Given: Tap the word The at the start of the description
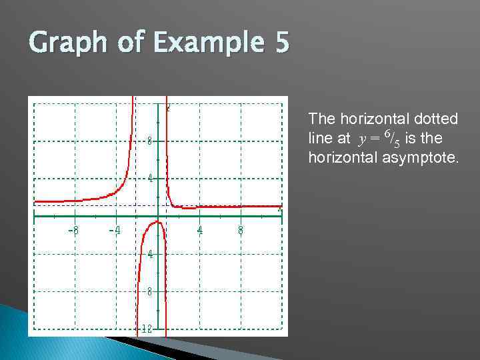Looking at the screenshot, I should [322, 119].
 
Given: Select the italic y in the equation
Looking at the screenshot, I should [362, 140].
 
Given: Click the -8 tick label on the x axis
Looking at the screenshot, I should [74, 231].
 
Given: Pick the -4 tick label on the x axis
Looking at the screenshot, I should [115, 231].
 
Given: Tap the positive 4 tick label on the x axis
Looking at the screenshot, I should [199, 231].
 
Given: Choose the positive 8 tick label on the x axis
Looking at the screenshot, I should [241, 231].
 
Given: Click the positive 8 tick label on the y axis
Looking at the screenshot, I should [150, 141].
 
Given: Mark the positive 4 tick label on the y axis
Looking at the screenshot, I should [150, 178].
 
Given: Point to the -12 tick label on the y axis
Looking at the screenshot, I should [147, 329].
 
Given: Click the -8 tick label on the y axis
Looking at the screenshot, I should [150, 291].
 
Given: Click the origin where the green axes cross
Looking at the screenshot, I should [157, 215].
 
